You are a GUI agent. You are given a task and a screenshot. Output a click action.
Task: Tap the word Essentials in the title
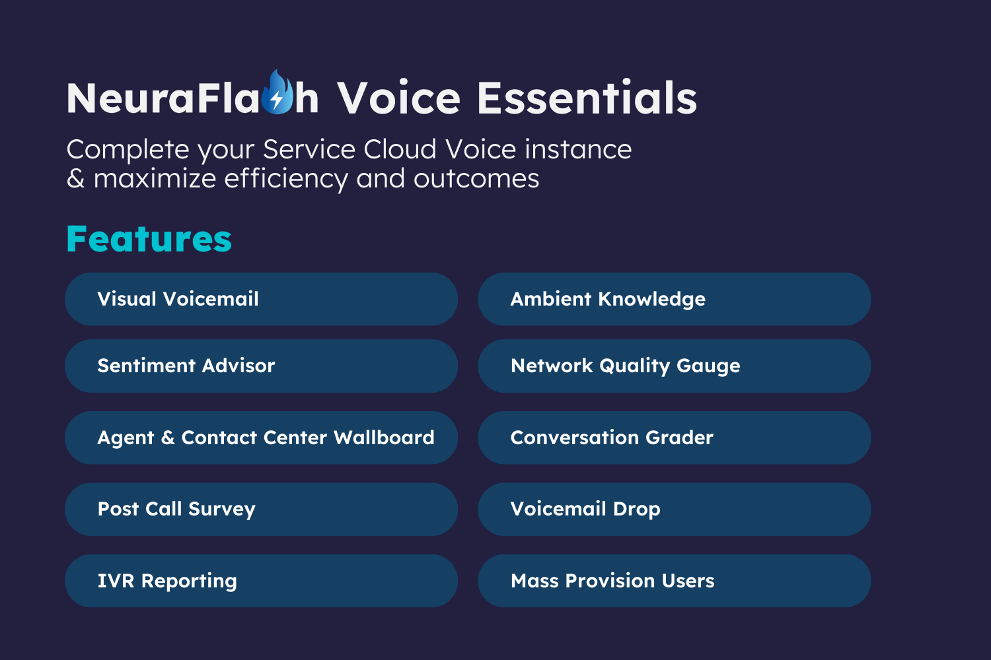pyautogui.click(x=587, y=98)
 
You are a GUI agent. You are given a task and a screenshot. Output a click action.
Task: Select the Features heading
pyautogui.click(x=149, y=239)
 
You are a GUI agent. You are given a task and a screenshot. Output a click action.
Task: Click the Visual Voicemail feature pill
pyautogui.click(x=261, y=299)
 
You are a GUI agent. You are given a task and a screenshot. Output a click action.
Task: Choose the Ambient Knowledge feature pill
pyautogui.click(x=675, y=299)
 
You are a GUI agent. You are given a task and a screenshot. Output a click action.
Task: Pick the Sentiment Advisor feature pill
pyautogui.click(x=261, y=366)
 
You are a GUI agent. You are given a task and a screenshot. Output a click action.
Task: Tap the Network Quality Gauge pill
pyautogui.click(x=675, y=366)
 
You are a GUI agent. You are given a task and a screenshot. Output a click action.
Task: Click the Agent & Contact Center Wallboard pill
pyautogui.click(x=261, y=438)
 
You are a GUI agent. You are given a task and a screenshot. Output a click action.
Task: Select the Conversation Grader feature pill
pyautogui.click(x=675, y=438)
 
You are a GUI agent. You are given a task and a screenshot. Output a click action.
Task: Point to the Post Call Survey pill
pyautogui.click(x=261, y=510)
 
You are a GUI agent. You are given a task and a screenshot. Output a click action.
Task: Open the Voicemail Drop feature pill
pyautogui.click(x=675, y=510)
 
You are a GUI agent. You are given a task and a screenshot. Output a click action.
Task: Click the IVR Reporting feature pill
pyautogui.click(x=261, y=581)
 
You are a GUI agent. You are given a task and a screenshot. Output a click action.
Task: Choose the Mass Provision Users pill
pyautogui.click(x=675, y=581)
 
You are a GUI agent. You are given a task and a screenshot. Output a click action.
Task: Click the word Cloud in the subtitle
pyautogui.click(x=400, y=149)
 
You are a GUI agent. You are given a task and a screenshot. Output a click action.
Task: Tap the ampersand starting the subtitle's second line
pyautogui.click(x=75, y=179)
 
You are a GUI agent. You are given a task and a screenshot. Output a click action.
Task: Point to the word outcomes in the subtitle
pyautogui.click(x=476, y=179)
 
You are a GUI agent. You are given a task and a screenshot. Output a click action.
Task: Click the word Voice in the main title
pyautogui.click(x=398, y=98)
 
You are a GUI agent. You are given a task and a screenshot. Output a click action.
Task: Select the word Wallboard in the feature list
pyautogui.click(x=384, y=438)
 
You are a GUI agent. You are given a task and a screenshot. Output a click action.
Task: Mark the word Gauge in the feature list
pyautogui.click(x=708, y=366)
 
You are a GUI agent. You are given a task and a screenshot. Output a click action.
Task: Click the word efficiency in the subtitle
pyautogui.click(x=286, y=179)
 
